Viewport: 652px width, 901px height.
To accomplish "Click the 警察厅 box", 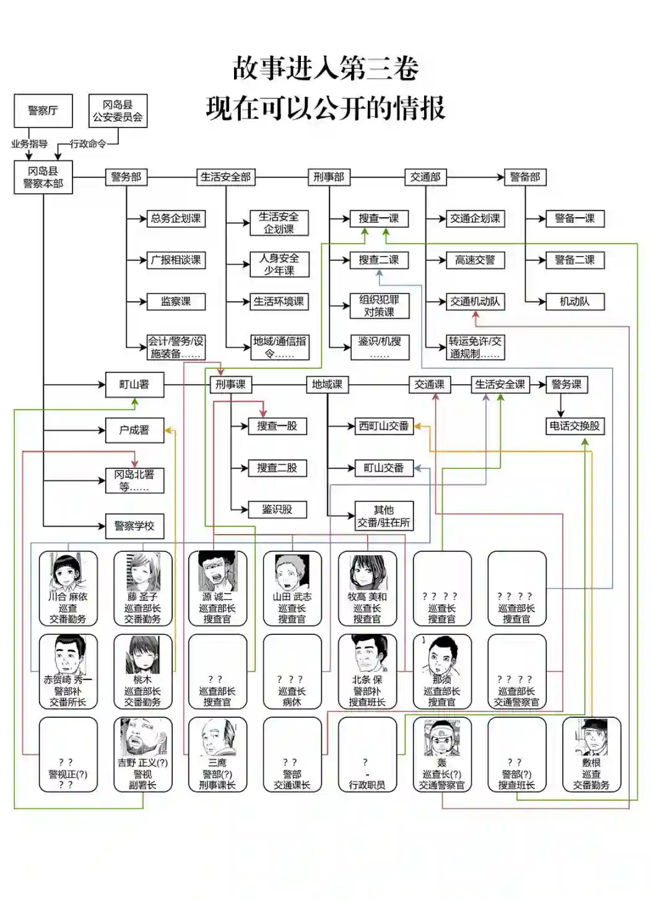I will [x=43, y=111].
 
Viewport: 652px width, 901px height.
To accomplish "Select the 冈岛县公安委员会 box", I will [x=118, y=111].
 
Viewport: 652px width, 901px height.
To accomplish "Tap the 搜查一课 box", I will [x=378, y=218].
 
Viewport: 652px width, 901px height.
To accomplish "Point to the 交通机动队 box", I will [x=475, y=301].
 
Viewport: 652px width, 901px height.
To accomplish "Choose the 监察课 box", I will [x=176, y=301].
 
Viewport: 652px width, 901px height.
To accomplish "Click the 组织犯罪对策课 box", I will [x=378, y=306].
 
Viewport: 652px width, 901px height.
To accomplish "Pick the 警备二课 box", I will [x=574, y=260].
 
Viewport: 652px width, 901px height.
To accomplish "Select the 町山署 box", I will [x=134, y=384].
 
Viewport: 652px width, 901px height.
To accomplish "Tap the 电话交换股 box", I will [x=574, y=426].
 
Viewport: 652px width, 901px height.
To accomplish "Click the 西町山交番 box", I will [x=383, y=426].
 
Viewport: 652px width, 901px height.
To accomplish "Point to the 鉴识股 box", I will [x=277, y=509].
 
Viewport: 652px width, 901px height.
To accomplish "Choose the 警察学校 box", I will [x=134, y=526].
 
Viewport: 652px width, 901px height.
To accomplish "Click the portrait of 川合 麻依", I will [x=66, y=572].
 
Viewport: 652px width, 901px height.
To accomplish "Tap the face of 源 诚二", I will [x=217, y=571].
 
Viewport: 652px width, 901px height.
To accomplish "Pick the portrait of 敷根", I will [x=591, y=737].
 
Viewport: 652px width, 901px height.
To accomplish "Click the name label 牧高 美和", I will [x=367, y=597].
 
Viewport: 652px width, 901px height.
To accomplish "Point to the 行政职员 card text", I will [x=367, y=785].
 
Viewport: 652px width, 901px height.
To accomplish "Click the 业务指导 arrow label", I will [x=29, y=144].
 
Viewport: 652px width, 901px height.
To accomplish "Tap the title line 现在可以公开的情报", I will [x=326, y=108].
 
